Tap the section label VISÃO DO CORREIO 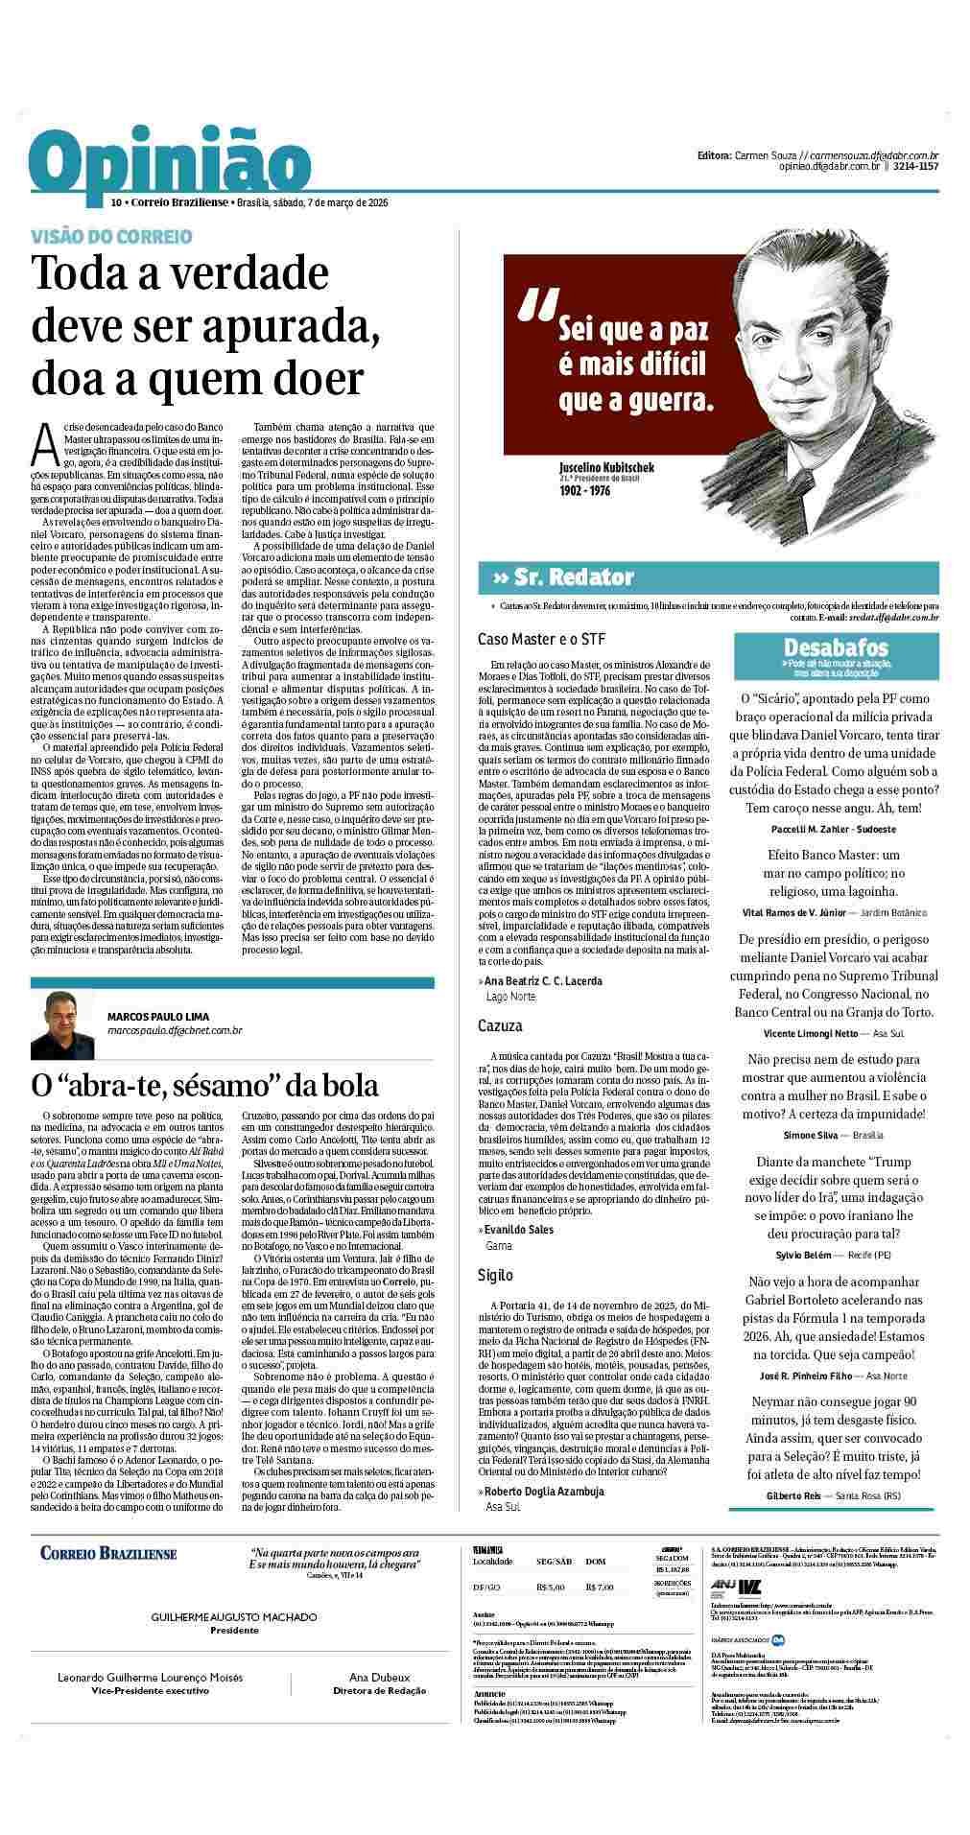point(111,236)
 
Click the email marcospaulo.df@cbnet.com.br point(175,1030)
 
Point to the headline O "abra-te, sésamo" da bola point(205,1086)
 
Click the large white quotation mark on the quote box point(536,305)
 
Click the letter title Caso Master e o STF point(541,639)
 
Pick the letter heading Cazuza point(500,1025)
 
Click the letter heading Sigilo point(495,1275)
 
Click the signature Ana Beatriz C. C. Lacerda point(543,981)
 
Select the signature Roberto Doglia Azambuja point(545,1492)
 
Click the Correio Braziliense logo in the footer point(105,1553)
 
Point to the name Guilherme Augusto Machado point(234,1617)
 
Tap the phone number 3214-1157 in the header point(915,166)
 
